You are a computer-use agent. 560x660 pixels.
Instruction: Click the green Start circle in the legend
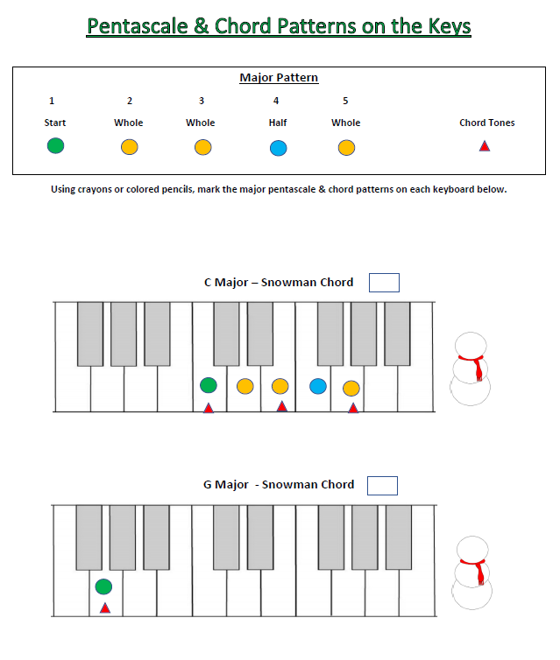pos(55,146)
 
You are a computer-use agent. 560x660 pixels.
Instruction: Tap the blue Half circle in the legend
pos(278,147)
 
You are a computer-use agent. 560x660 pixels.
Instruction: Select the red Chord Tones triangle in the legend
pos(485,146)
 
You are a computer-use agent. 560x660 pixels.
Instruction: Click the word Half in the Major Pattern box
pos(277,123)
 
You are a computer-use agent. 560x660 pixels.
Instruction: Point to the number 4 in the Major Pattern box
pos(276,101)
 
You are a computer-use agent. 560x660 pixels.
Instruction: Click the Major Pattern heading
pos(279,78)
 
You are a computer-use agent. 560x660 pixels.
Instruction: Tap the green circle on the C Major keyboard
pos(208,384)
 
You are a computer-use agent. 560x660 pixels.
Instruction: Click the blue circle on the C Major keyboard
pos(318,386)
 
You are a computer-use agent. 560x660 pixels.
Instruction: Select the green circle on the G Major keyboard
pos(103,586)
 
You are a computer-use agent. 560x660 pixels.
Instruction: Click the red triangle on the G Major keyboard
pos(104,607)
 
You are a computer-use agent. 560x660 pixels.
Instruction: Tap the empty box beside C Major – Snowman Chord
pos(384,282)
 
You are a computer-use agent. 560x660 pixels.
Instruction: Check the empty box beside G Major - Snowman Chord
pos(382,485)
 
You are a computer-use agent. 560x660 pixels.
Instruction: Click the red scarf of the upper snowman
pos(476,366)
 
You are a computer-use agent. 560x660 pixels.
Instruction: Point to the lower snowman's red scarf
pos(476,569)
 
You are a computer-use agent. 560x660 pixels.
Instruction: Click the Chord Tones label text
pos(486,123)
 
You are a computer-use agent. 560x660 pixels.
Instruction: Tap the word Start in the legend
pos(54,123)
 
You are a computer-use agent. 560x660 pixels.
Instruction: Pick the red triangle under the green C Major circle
pos(208,408)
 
